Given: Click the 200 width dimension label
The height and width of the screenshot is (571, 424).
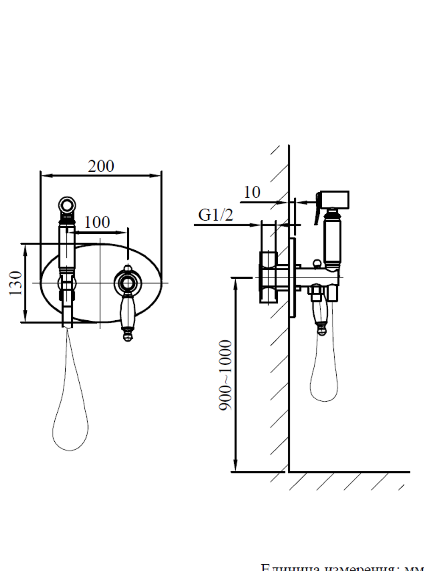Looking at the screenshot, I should [101, 166].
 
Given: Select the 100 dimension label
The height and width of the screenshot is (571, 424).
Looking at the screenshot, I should [97, 222].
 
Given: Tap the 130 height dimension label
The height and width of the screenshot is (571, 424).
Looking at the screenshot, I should [16, 283].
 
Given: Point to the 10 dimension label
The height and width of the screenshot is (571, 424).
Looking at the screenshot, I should [252, 192].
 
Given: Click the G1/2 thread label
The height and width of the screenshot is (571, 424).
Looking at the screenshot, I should [215, 215].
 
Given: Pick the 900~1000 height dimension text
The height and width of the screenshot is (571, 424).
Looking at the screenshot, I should [226, 375].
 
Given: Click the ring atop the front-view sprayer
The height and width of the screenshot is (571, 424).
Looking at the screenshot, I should [67, 205].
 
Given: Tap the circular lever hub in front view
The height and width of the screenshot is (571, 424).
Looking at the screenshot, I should [127, 282].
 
